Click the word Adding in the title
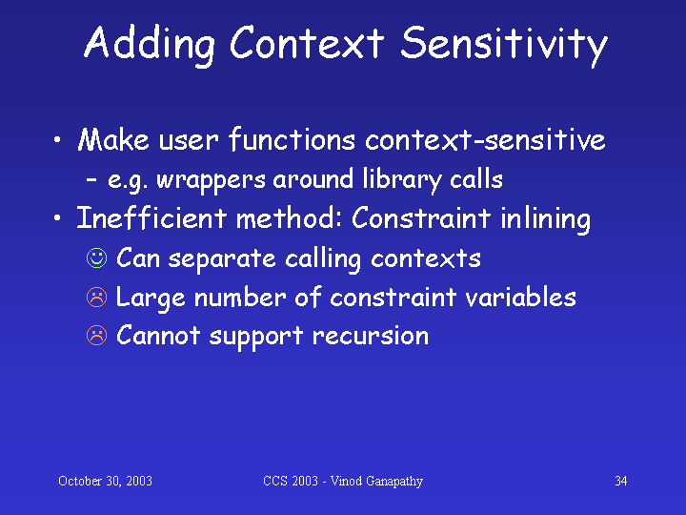tap(150, 45)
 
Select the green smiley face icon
tap(96, 257)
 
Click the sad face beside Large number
tap(96, 297)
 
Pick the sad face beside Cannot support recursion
tap(96, 336)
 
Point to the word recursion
tap(371, 337)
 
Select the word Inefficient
tap(151, 217)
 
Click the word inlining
tap(545, 219)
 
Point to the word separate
tap(222, 259)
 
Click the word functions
tap(292, 139)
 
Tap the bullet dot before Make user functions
tap(57, 140)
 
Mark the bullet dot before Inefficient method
tap(57, 217)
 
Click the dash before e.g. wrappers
tap(91, 179)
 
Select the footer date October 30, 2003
tap(105, 481)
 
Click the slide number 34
tap(621, 481)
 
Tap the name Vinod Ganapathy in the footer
tap(376, 482)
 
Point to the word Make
tap(113, 139)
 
